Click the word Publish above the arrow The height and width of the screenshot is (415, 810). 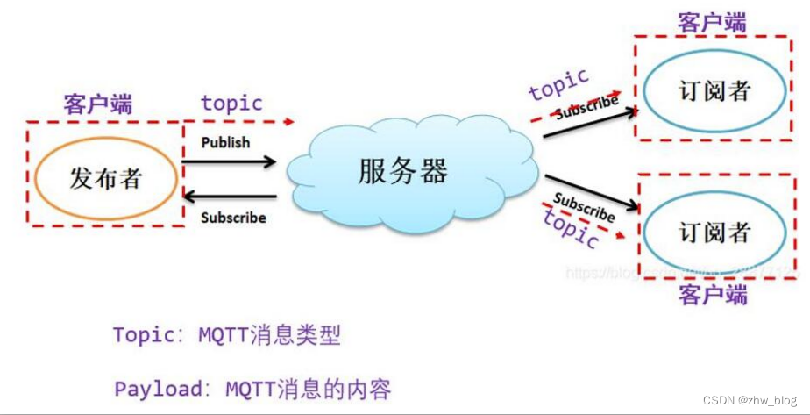tap(225, 142)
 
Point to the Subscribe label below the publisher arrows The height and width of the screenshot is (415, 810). tap(233, 217)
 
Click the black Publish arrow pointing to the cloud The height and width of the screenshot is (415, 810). tap(230, 161)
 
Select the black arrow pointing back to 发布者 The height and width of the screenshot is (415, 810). tap(230, 197)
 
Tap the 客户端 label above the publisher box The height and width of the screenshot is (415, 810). tap(98, 105)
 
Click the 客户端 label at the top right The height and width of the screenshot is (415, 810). tap(712, 24)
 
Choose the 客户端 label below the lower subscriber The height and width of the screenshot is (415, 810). tap(713, 295)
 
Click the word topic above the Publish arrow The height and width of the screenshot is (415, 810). tap(231, 103)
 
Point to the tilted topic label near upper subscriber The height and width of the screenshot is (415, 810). tap(558, 84)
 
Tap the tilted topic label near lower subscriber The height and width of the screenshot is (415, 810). tap(571, 231)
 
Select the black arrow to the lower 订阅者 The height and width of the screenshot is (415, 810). tap(592, 195)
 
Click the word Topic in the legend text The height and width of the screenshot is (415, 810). tap(143, 334)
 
